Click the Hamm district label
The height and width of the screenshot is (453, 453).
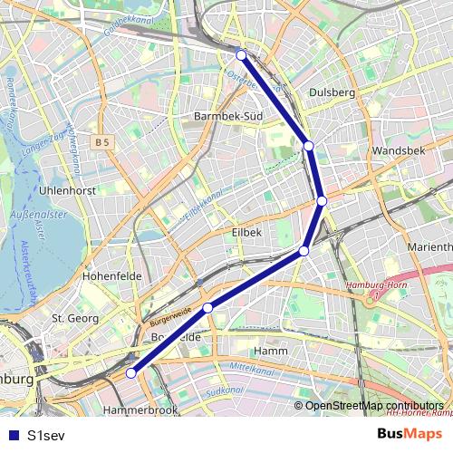tap(271, 351)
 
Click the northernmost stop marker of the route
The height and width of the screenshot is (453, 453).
tap(241, 55)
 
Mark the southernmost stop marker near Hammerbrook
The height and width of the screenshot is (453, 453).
tap(131, 372)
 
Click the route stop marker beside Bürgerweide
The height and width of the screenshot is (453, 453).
tap(207, 308)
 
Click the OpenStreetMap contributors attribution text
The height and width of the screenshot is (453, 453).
tap(374, 405)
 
